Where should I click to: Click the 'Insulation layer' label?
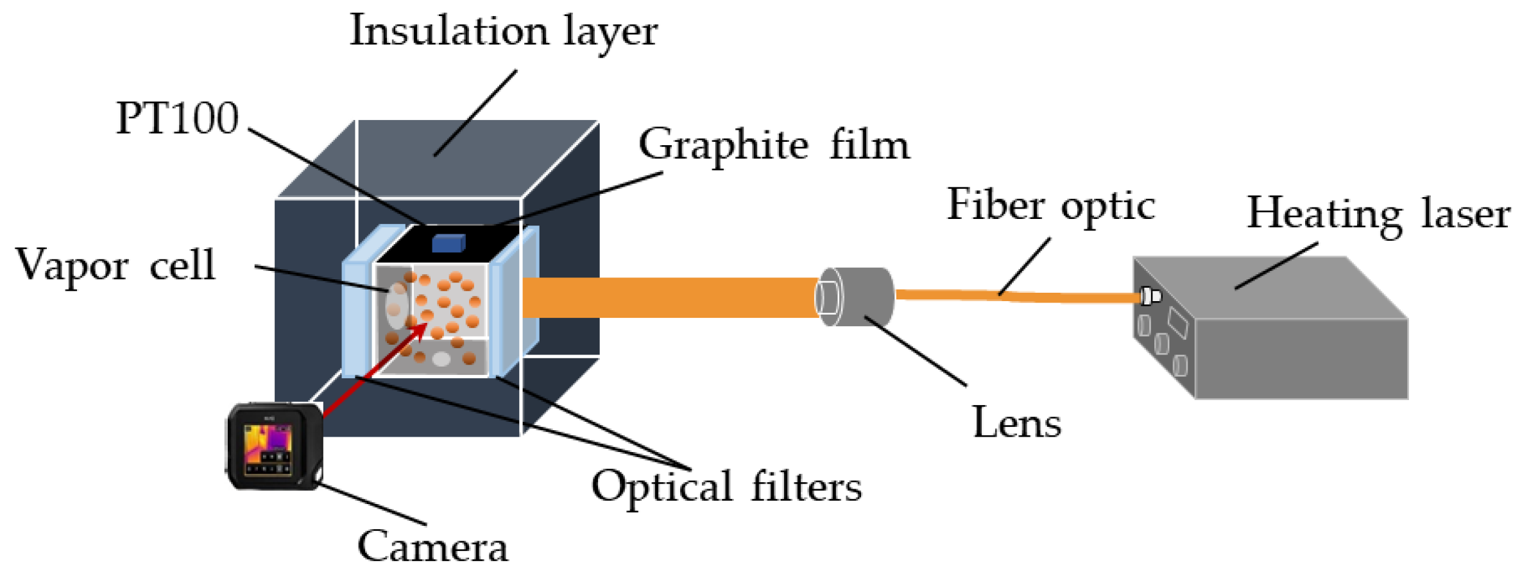point(503,31)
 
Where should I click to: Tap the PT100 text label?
point(177,119)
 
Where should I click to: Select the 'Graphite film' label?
point(774,145)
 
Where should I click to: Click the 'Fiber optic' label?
point(1050,205)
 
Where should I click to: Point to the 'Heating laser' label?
point(1378,214)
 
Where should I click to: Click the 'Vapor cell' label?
point(115,265)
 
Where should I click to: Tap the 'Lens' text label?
point(1017,423)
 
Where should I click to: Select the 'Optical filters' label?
point(726,487)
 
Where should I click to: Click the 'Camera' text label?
point(432,547)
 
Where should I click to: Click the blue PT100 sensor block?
point(448,243)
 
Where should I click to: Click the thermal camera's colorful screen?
point(268,444)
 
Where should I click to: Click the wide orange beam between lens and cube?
point(667,297)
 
